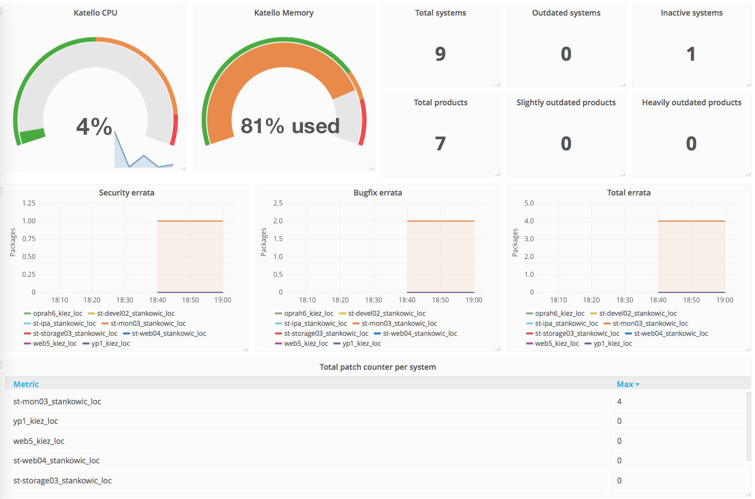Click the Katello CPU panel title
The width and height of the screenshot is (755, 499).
pyautogui.click(x=95, y=13)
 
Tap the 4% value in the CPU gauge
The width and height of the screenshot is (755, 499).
pyautogui.click(x=94, y=126)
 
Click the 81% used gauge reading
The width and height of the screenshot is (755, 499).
pyautogui.click(x=290, y=126)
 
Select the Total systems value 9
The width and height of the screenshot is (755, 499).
pyautogui.click(x=440, y=53)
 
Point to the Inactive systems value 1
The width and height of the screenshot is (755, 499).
pyautogui.click(x=691, y=53)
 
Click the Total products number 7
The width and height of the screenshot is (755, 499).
pyautogui.click(x=440, y=144)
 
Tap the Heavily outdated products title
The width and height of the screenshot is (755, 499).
pyautogui.click(x=691, y=102)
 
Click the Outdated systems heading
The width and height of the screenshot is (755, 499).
pyautogui.click(x=566, y=13)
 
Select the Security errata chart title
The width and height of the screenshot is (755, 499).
pyautogui.click(x=127, y=193)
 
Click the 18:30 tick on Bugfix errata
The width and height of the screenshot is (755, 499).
pyautogui.click(x=374, y=300)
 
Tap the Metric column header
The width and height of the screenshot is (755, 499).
pyautogui.click(x=26, y=384)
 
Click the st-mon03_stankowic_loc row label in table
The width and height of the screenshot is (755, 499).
pyautogui.click(x=57, y=402)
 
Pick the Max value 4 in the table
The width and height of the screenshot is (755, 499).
pyautogui.click(x=619, y=402)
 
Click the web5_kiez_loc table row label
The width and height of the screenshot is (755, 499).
pyautogui.click(x=39, y=441)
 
